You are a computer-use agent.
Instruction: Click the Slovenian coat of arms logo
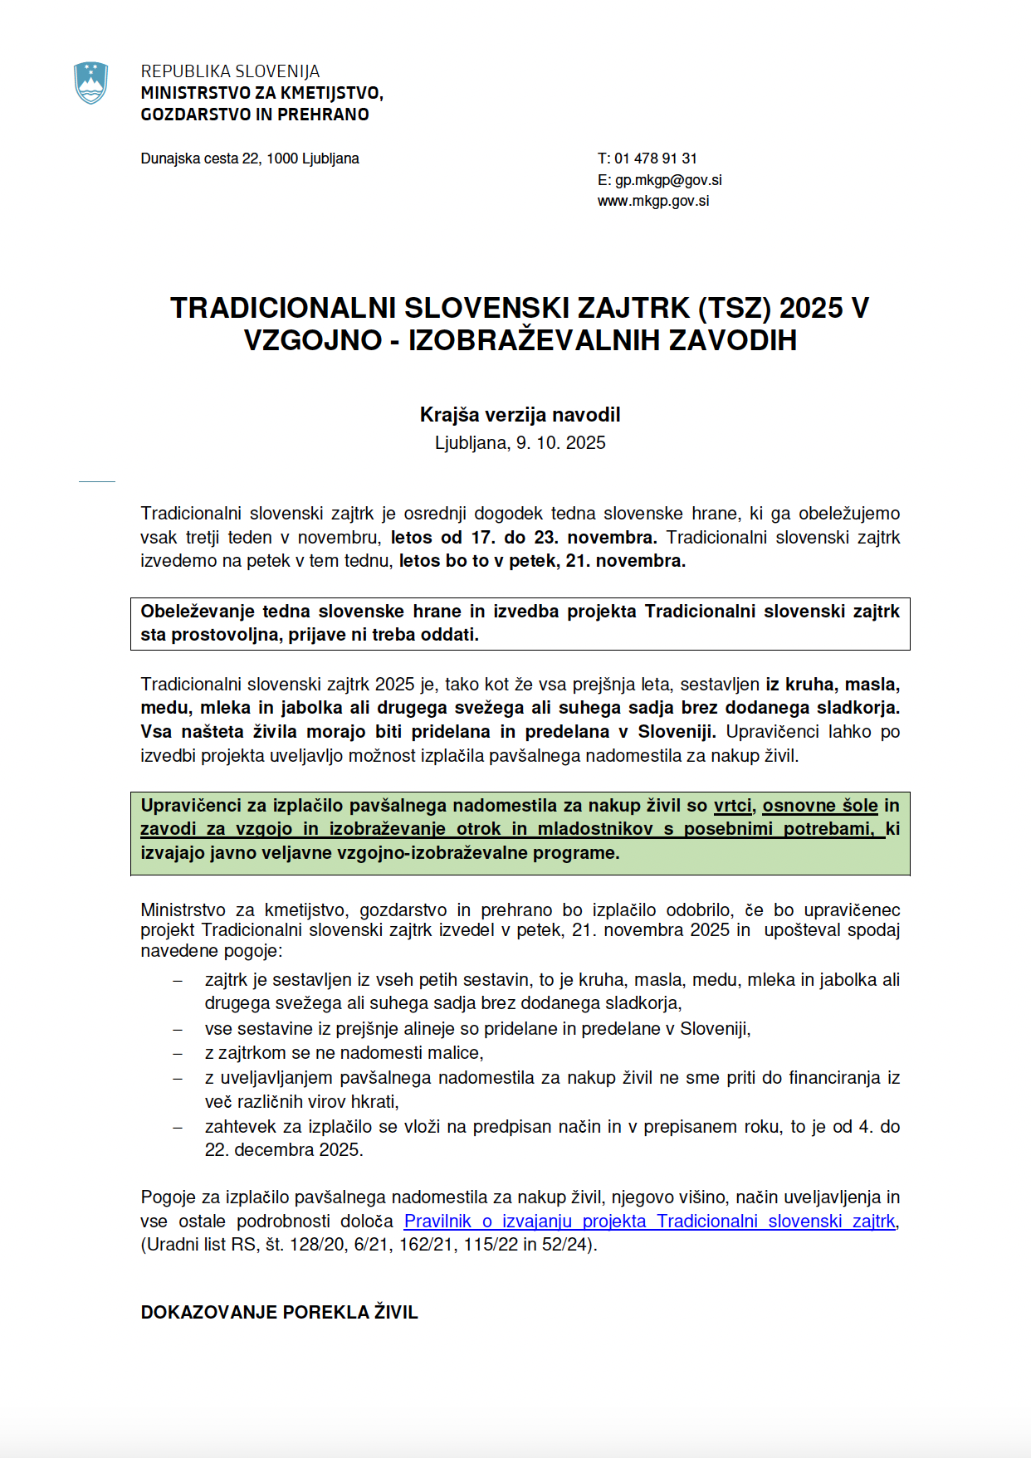coord(90,83)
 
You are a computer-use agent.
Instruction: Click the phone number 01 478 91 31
coord(655,158)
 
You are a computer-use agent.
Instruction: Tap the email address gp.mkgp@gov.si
coord(667,180)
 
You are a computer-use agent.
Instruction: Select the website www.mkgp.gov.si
coord(653,201)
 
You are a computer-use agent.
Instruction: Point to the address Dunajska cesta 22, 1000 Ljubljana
coord(250,158)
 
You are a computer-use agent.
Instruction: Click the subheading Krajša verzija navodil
coord(520,415)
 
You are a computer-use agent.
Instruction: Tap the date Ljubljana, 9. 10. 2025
coord(520,443)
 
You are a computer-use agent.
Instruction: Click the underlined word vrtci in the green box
coord(733,806)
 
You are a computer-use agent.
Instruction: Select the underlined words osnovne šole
coord(819,806)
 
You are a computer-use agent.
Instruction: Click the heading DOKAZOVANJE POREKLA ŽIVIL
coord(279,1313)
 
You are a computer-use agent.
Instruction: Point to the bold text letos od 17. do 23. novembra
coord(524,538)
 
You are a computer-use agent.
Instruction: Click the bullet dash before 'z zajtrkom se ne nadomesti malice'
coord(177,1053)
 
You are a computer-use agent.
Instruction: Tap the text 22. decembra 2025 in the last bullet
coord(283,1150)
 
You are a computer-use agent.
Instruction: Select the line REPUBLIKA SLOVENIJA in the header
coord(230,71)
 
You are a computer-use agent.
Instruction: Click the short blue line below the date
coord(96,481)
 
